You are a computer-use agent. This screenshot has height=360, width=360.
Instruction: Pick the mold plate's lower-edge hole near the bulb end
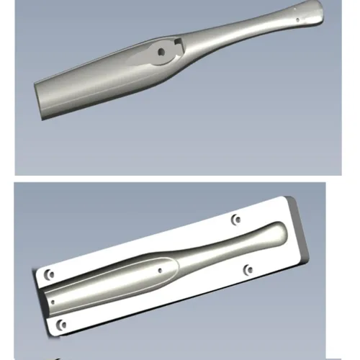pyautogui.click(x=248, y=270)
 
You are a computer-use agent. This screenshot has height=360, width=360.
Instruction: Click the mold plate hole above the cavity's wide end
pyautogui.click(x=48, y=275)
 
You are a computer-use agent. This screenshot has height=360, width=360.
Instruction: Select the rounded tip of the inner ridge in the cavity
pyautogui.click(x=174, y=267)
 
